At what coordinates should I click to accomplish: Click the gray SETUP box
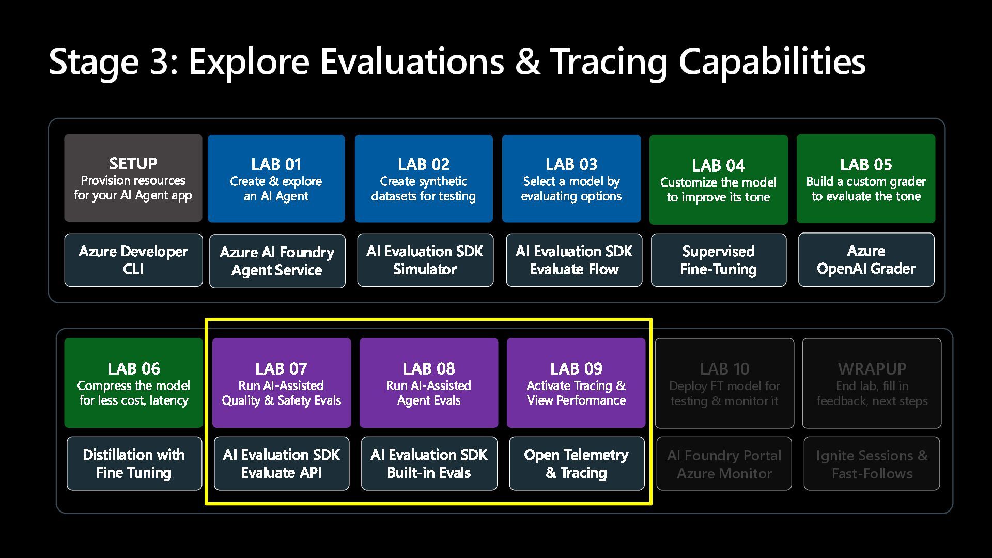click(x=133, y=178)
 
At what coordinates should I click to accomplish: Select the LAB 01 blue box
click(x=276, y=178)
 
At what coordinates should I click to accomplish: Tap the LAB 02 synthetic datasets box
click(x=424, y=178)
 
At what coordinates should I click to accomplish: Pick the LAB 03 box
click(x=571, y=178)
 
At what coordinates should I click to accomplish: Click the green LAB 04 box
click(x=718, y=179)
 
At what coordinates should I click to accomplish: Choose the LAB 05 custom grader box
click(x=866, y=178)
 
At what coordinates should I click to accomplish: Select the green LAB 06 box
click(x=133, y=382)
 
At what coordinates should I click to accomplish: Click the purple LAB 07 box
click(x=281, y=382)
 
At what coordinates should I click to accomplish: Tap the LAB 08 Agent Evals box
click(x=429, y=382)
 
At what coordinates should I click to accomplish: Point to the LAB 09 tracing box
click(x=576, y=382)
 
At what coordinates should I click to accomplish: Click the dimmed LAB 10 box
click(x=724, y=383)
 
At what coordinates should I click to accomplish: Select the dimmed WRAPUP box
click(x=872, y=383)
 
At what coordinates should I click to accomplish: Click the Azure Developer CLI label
click(x=133, y=260)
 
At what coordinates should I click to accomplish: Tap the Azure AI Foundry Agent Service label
click(x=277, y=261)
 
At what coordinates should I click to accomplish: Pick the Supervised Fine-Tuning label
click(x=718, y=260)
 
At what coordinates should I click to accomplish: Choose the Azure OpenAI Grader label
click(x=866, y=259)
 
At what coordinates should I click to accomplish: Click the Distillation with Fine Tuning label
click(x=134, y=463)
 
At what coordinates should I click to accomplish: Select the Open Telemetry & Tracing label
click(x=577, y=463)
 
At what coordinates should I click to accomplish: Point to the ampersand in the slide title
click(x=527, y=62)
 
